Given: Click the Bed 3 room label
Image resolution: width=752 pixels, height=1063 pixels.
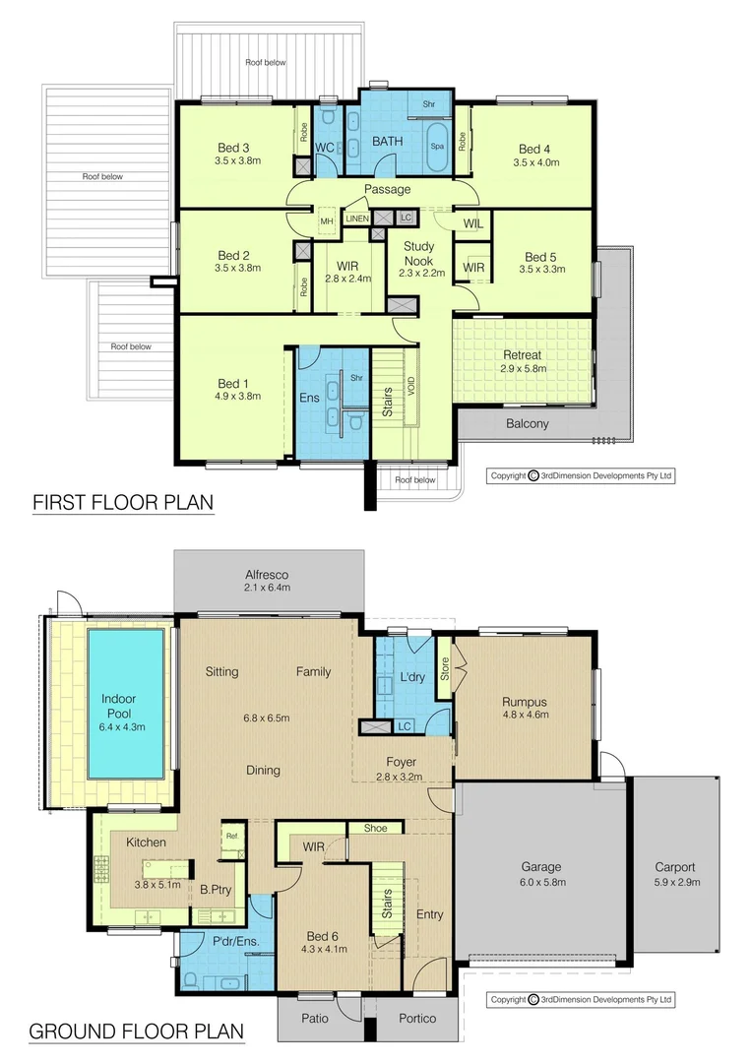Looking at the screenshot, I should (233, 149).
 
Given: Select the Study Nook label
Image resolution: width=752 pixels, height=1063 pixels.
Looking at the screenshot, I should (415, 254).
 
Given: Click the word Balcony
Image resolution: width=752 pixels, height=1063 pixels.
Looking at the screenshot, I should (528, 424).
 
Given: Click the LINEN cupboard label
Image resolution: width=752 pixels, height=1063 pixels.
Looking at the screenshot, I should (356, 219).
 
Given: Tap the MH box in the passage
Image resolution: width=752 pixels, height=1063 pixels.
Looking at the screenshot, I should (326, 221).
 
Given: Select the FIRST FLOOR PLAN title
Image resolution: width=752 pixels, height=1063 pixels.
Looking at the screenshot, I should (123, 503).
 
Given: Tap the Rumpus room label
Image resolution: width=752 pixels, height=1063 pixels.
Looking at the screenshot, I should (523, 702).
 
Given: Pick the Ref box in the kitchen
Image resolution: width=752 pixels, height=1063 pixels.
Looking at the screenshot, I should (232, 837).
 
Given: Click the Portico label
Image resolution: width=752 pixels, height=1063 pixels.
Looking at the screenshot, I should (417, 1018).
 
